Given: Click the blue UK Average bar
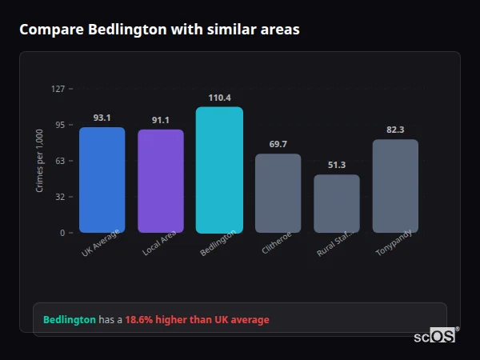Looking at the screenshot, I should coord(102,180).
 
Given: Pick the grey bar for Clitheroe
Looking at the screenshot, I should coord(278,193).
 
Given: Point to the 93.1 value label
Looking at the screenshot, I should coord(102,118).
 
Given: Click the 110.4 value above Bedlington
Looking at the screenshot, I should coord(219,98).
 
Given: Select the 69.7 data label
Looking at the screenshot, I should coord(278,144).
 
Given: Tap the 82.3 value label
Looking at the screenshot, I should coord(395,130).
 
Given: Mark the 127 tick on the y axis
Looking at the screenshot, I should coord(58,89).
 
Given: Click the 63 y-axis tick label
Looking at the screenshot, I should coord(60,161).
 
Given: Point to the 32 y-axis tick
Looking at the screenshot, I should coord(60,197).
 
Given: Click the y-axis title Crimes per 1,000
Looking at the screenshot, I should coord(40,161).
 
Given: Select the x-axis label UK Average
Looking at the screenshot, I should coord(100,242).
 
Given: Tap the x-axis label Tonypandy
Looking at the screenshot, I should coord(394,242).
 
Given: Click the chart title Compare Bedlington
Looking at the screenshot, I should coord(159,30).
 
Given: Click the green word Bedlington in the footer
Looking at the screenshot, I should coord(69,320).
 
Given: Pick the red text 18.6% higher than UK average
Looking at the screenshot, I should coord(197,320).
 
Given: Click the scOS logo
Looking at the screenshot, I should coord(434,336).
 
